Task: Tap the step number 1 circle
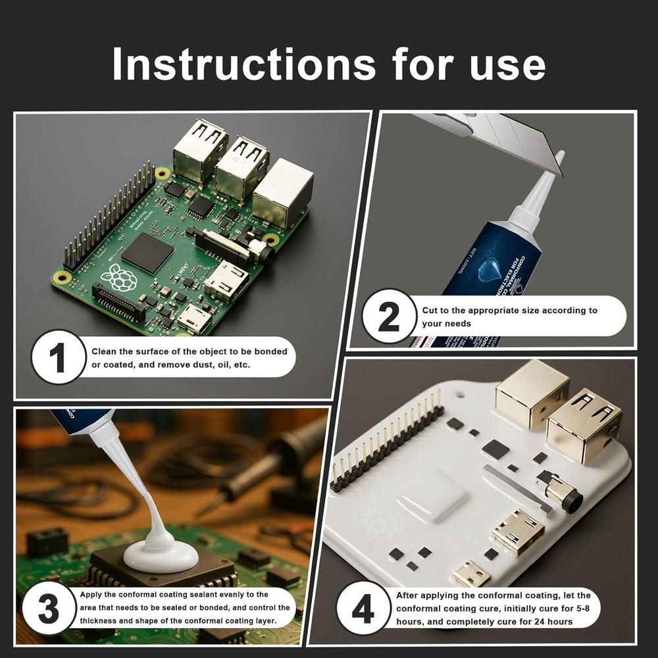coord(58,357)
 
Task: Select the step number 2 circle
coord(388,316)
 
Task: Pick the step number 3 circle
coord(48,609)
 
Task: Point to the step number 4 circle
coord(363,609)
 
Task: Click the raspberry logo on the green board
coord(118,277)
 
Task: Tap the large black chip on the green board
coord(147,252)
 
